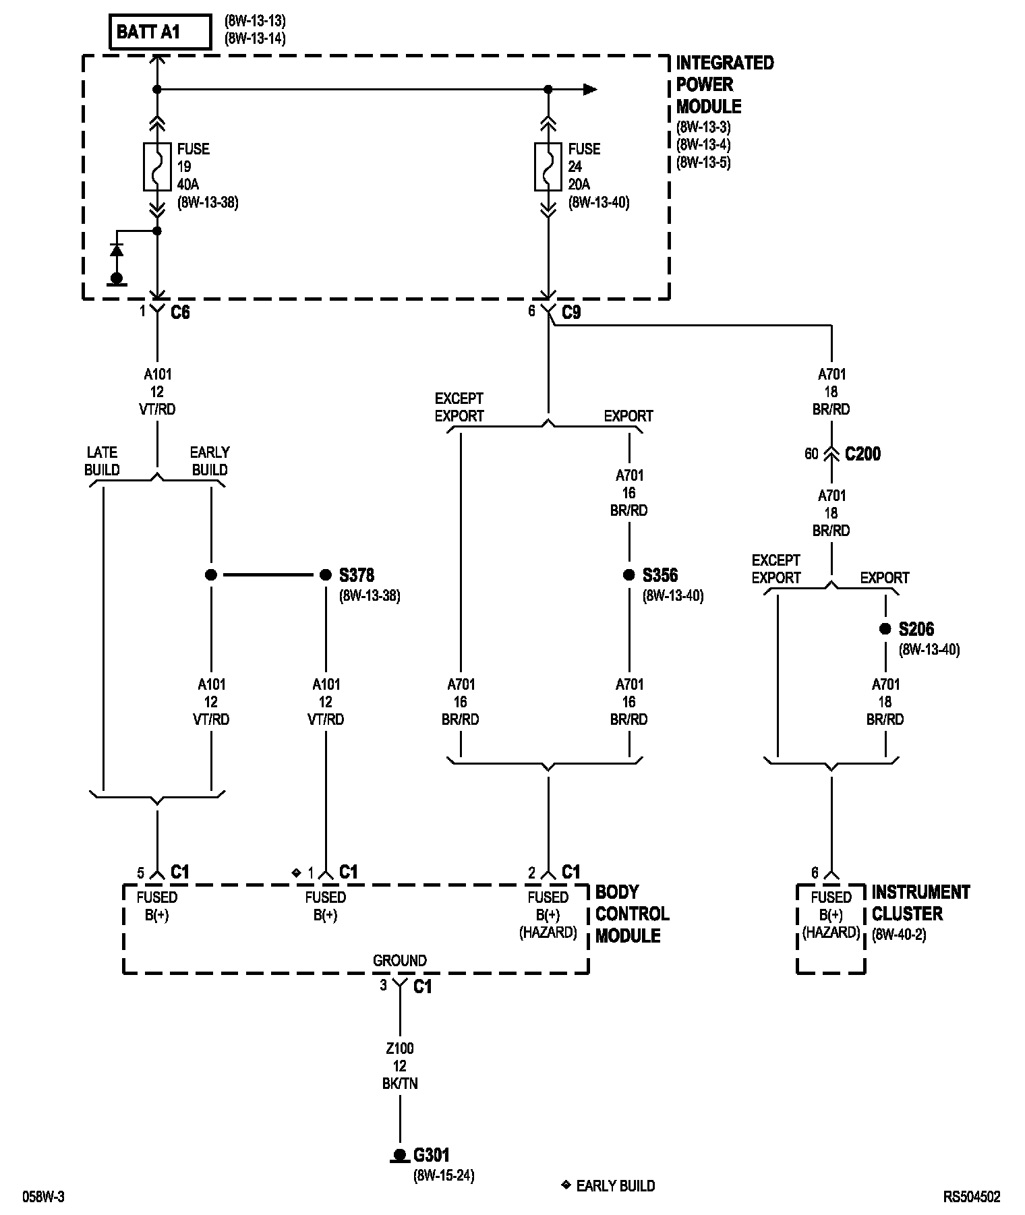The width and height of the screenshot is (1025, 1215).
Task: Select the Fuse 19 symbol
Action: pyautogui.click(x=157, y=166)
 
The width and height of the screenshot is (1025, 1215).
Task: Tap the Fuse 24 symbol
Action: pyautogui.click(x=548, y=166)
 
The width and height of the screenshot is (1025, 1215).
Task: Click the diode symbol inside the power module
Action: pyautogui.click(x=117, y=250)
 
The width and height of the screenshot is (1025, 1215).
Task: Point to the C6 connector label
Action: pyautogui.click(x=180, y=312)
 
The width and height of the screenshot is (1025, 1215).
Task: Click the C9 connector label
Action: pyautogui.click(x=571, y=312)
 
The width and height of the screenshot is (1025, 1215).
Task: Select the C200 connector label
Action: pyautogui.click(x=862, y=454)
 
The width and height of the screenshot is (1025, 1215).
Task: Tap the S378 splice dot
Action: pyautogui.click(x=326, y=575)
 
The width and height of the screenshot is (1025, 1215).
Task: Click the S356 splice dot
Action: pyautogui.click(x=629, y=575)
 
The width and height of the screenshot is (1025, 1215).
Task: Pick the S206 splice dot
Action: pyautogui.click(x=885, y=629)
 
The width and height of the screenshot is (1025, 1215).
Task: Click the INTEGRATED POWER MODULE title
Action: pyautogui.click(x=725, y=85)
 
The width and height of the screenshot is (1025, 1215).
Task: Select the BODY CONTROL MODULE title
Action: pyautogui.click(x=632, y=914)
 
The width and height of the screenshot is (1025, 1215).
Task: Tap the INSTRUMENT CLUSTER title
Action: pyautogui.click(x=920, y=903)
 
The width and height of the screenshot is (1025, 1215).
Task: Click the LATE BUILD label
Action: pyautogui.click(x=102, y=461)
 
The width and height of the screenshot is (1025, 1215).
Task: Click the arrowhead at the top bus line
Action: pyautogui.click(x=590, y=89)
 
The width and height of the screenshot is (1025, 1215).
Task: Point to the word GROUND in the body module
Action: pyautogui.click(x=400, y=961)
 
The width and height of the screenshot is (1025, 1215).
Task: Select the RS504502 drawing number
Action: pyautogui.click(x=972, y=1197)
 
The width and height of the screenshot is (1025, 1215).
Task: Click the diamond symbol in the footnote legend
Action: pyautogui.click(x=566, y=1184)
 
